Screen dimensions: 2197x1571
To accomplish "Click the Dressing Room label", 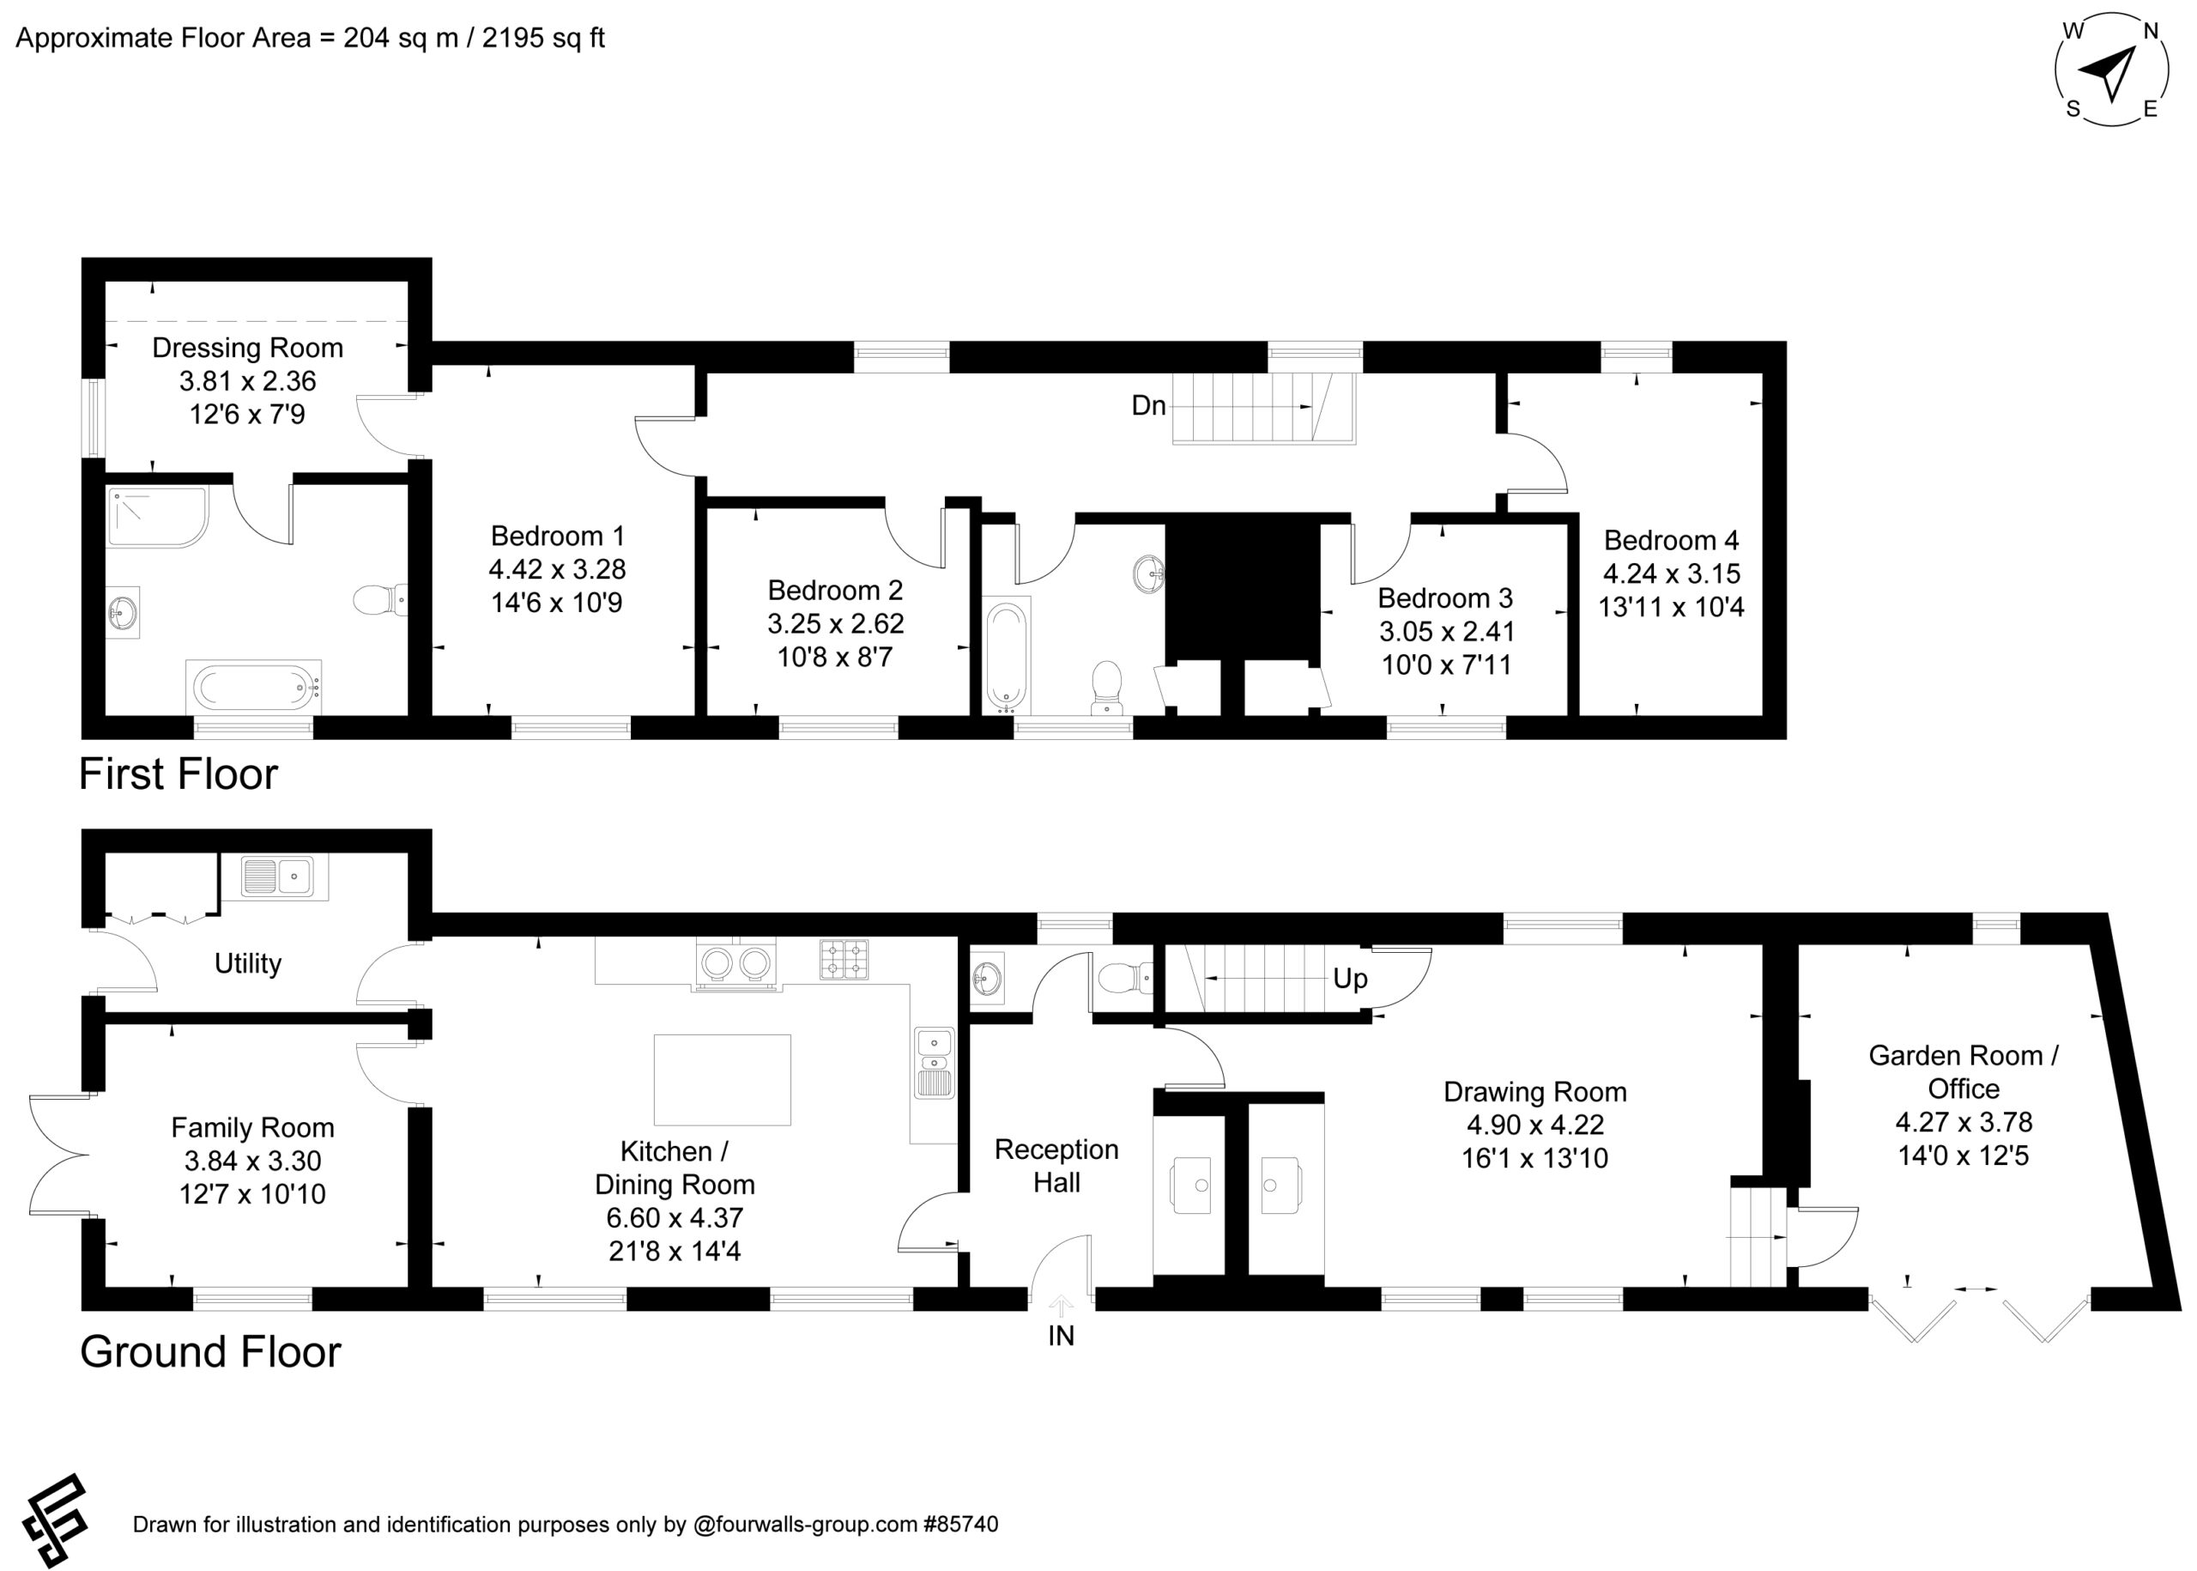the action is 247,348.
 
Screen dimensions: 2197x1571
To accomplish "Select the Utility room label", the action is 247,963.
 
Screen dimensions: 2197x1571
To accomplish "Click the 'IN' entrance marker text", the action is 1061,1336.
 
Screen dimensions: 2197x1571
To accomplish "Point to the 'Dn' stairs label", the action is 1149,405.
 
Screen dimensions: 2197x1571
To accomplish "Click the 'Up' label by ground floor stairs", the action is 1350,979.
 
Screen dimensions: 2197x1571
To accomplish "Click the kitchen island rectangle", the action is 723,1080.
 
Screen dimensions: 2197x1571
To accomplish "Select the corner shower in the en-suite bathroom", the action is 157,517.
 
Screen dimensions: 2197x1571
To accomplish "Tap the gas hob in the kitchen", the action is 844,960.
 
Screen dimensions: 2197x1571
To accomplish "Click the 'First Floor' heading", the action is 178,773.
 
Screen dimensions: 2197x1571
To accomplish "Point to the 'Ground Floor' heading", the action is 211,1351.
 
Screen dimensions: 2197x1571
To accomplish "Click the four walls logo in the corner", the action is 55,1520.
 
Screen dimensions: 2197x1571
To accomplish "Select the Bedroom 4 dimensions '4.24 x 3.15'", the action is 1671,573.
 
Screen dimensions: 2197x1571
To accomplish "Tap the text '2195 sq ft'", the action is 543,38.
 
